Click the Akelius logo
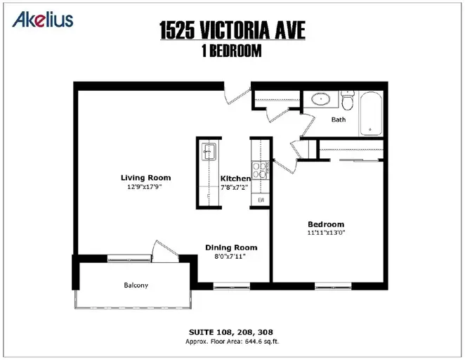point(43,20)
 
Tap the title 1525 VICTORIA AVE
point(232,30)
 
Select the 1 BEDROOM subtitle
point(232,51)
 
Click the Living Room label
point(145,178)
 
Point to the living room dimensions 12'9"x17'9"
point(145,187)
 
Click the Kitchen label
point(235,179)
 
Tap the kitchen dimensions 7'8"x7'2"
point(235,188)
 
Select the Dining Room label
point(231,247)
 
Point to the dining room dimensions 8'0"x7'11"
point(230,257)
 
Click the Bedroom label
point(326,224)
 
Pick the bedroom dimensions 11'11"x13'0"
point(326,232)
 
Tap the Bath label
point(339,120)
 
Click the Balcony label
point(136,285)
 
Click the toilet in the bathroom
point(347,99)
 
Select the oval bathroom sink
point(320,99)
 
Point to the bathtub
point(370,113)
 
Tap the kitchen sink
point(209,152)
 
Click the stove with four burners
point(260,170)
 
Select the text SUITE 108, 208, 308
point(231,332)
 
